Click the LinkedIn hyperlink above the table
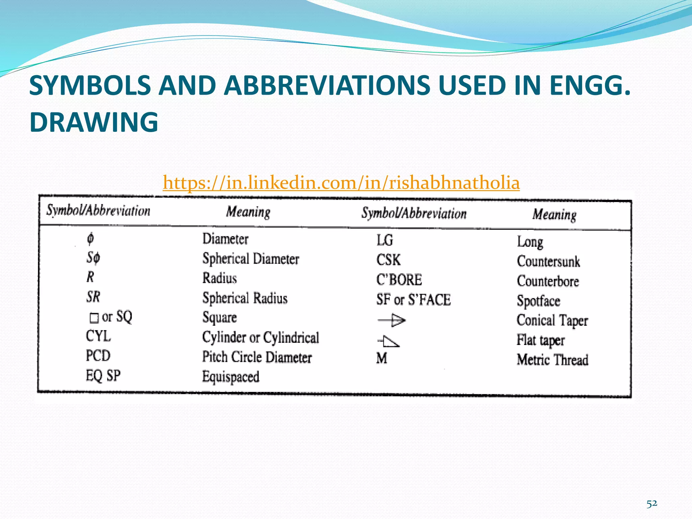[x=341, y=183]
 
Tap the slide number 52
[x=652, y=504]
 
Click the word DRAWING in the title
[x=94, y=122]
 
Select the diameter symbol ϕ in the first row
[x=90, y=239]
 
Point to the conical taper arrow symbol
[x=391, y=320]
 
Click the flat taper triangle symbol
[x=389, y=341]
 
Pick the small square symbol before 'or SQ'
[x=94, y=318]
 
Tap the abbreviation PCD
[x=98, y=356]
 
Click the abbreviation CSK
[x=389, y=260]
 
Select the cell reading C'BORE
[x=399, y=280]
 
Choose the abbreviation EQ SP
[x=103, y=376]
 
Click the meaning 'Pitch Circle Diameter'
[x=257, y=357]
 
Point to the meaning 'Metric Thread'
[x=552, y=360]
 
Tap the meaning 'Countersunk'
[x=548, y=262]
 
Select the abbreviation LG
[x=385, y=240]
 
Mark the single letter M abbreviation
[x=382, y=358]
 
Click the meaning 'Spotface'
[x=539, y=301]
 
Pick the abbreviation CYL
[x=98, y=336]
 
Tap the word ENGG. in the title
[x=590, y=85]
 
